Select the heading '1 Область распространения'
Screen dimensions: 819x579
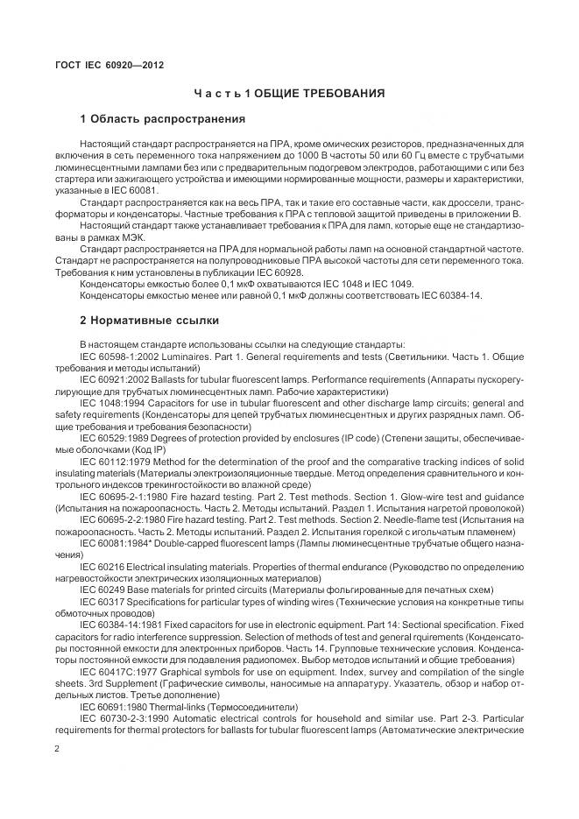[x=162, y=118]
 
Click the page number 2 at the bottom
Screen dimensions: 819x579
[x=57, y=750]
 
